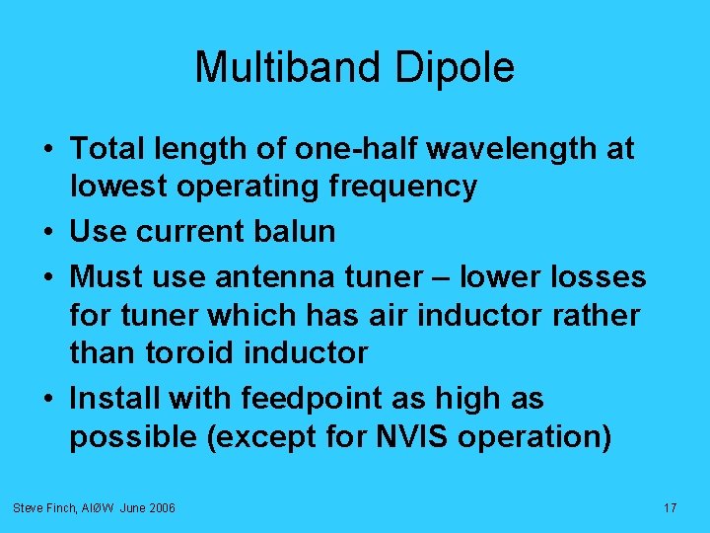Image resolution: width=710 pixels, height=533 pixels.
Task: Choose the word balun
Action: [x=295, y=232]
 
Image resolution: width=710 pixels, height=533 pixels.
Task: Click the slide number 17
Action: [x=670, y=507]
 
